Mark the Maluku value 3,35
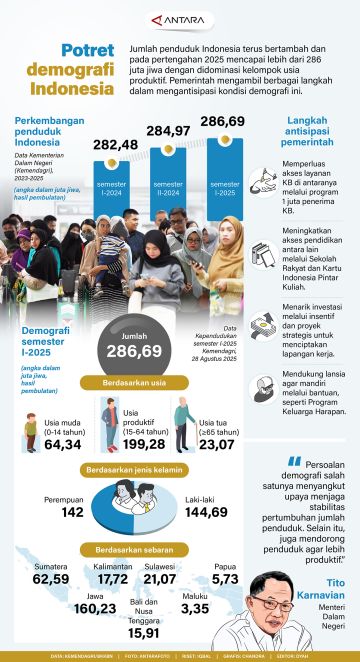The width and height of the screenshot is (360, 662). (223, 608)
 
